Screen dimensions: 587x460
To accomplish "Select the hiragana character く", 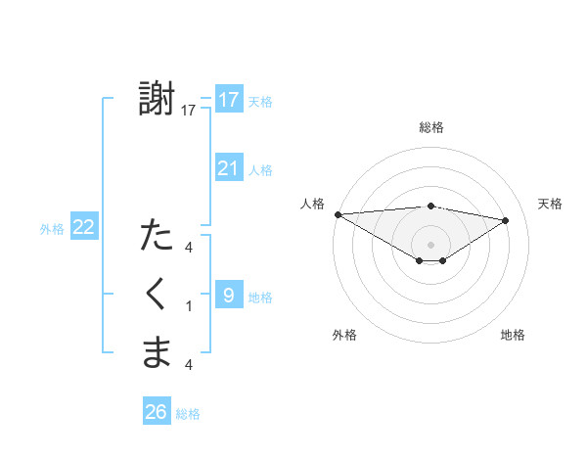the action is click(x=157, y=294).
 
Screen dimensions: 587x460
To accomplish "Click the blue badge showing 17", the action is click(x=229, y=100).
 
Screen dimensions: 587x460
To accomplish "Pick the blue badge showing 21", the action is click(x=229, y=168).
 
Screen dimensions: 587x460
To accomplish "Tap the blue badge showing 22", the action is click(x=84, y=227).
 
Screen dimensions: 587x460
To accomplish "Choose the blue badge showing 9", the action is click(x=228, y=294).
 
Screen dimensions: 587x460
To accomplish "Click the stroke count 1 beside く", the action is click(x=189, y=306).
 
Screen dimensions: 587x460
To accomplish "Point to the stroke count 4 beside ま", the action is click(x=189, y=365).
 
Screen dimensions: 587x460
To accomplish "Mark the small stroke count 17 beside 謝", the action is click(x=189, y=111).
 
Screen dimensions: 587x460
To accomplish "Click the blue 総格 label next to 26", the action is click(x=188, y=414).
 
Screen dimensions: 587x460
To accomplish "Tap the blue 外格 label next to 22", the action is click(x=52, y=229).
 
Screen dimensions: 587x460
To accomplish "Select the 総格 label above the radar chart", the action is click(x=430, y=127).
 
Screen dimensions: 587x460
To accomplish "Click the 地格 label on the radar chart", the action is click(x=513, y=335).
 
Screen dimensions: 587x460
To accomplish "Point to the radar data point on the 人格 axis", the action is click(x=338, y=214).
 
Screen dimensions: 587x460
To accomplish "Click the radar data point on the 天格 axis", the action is click(x=506, y=219).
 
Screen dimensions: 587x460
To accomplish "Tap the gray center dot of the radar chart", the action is click(x=430, y=244).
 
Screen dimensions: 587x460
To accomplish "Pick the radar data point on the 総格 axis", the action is click(x=430, y=206).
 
